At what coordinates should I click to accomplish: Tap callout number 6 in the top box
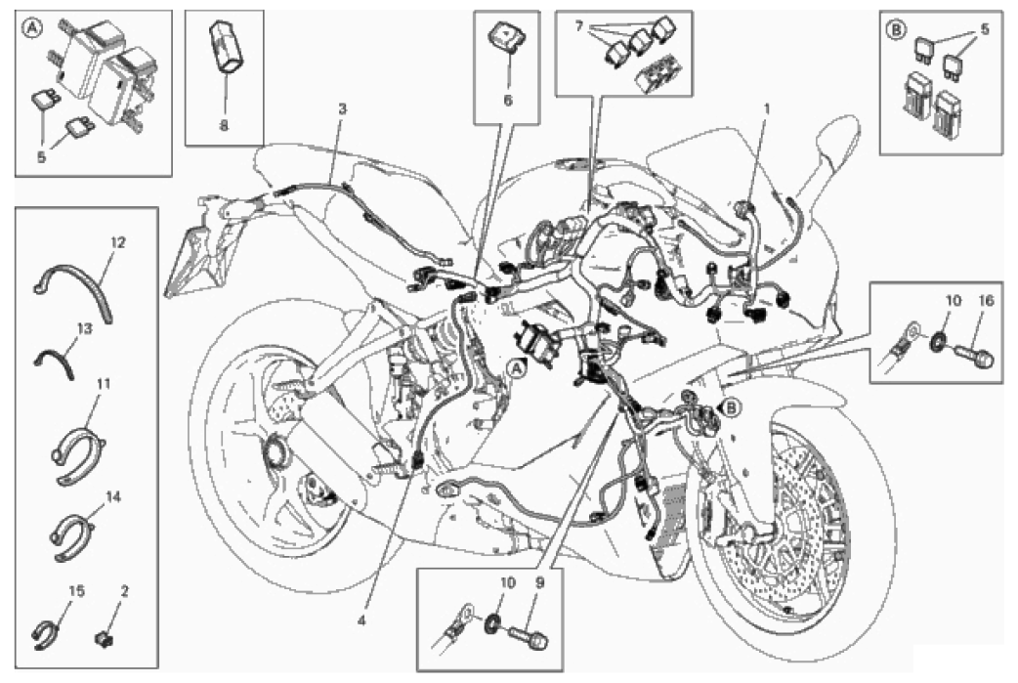(x=508, y=100)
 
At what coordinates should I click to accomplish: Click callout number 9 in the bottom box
(x=537, y=583)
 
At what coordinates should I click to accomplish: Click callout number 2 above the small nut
(x=124, y=592)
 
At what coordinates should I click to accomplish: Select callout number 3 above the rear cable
(x=342, y=109)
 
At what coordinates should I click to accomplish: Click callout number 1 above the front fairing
(x=767, y=109)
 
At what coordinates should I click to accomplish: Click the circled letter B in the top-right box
(x=895, y=29)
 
